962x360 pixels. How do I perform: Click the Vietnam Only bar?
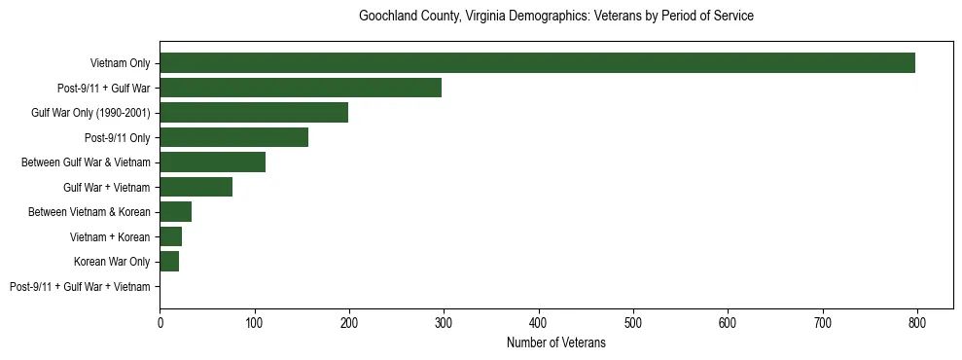point(537,63)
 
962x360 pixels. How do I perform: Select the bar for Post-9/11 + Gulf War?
point(301,88)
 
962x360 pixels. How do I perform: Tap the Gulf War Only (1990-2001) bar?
point(254,113)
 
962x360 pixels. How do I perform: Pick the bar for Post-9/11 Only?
point(233,137)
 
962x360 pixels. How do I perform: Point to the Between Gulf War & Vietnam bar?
point(212,162)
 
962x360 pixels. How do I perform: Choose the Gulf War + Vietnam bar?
point(196,187)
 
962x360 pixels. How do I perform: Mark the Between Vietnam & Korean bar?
point(175,212)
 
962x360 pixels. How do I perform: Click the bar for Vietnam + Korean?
point(170,236)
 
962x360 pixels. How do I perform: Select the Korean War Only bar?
point(169,262)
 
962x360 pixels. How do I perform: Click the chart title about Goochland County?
point(556,17)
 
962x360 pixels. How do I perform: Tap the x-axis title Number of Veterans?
point(556,342)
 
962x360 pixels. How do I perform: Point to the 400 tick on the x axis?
point(539,321)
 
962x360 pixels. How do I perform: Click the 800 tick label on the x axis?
point(917,321)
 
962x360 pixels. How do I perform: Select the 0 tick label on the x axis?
point(160,321)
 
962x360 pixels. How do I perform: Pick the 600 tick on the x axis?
point(728,321)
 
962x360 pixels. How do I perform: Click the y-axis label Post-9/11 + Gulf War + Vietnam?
point(80,287)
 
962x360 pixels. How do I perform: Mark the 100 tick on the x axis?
point(254,321)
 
